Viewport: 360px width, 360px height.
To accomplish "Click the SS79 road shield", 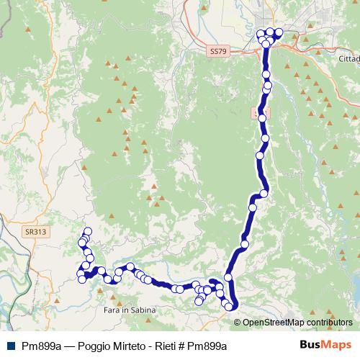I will (218, 52).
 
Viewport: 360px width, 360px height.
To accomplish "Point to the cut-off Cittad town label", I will (348, 56).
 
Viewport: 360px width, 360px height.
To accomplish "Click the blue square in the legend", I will (12, 346).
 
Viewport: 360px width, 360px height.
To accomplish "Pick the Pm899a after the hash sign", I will (209, 346).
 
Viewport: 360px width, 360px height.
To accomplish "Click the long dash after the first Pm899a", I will (69, 346).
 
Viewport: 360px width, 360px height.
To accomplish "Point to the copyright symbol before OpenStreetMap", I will (238, 323).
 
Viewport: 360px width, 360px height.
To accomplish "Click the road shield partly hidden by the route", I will (258, 113).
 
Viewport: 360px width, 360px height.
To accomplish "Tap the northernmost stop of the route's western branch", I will (88, 231).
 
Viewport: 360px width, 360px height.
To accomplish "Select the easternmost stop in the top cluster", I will (279, 32).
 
